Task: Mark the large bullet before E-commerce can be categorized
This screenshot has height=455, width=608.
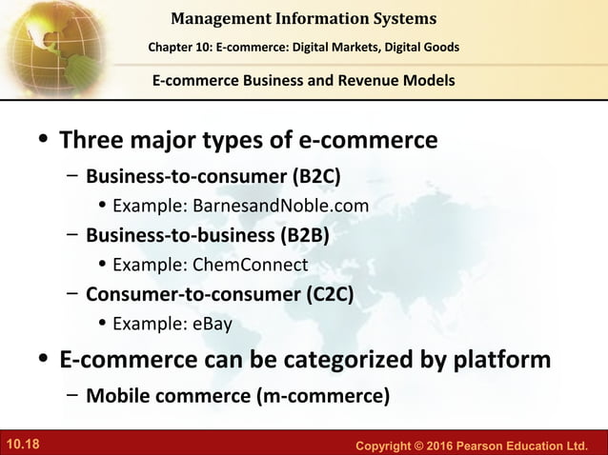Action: click(43, 361)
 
